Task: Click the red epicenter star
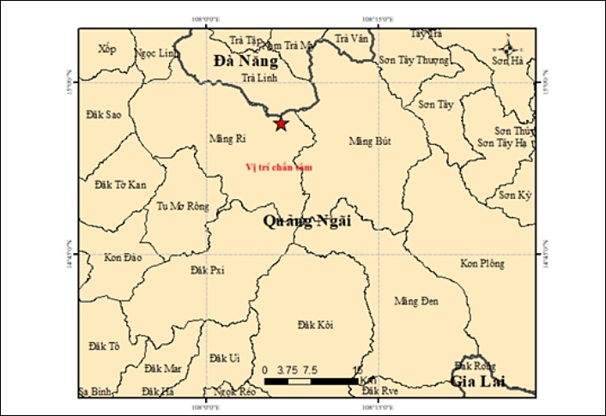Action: click(281, 124)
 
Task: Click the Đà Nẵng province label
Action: click(246, 62)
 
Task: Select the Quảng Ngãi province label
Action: click(306, 221)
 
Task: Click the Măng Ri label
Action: click(227, 137)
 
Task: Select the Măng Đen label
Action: click(415, 301)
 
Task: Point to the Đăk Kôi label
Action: click(315, 324)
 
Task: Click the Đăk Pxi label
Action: click(207, 269)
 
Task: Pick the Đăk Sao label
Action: click(104, 113)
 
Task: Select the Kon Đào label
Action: click(121, 257)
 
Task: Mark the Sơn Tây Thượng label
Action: click(414, 60)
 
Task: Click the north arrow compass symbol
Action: click(507, 49)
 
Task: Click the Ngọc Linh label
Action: click(155, 53)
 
